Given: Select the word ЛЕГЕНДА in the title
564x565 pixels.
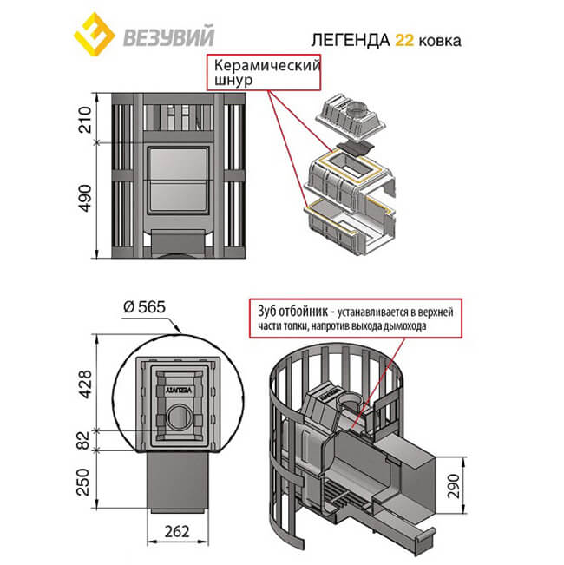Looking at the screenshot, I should click(x=344, y=40).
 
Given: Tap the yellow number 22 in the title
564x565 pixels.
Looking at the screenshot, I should click(x=404, y=40).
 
